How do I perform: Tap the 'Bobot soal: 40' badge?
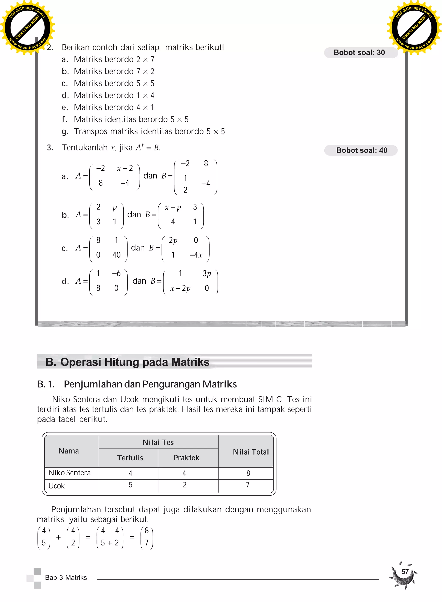361,150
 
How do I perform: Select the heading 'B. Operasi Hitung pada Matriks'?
127,362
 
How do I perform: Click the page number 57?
405,572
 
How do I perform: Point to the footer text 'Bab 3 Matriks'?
66,578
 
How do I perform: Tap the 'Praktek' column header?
186,458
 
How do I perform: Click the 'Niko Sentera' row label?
69,473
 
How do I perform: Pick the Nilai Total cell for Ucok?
248,485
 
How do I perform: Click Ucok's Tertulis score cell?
130,485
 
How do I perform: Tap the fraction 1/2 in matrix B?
185,184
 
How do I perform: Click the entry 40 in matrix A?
116,255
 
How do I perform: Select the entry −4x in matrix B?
196,255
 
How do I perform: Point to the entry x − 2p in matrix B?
180,288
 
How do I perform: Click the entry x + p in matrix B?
173,207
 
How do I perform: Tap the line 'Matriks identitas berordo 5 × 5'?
131,119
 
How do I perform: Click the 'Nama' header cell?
68,451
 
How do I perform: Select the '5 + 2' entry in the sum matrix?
110,543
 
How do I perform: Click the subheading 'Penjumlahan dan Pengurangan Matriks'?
150,384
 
